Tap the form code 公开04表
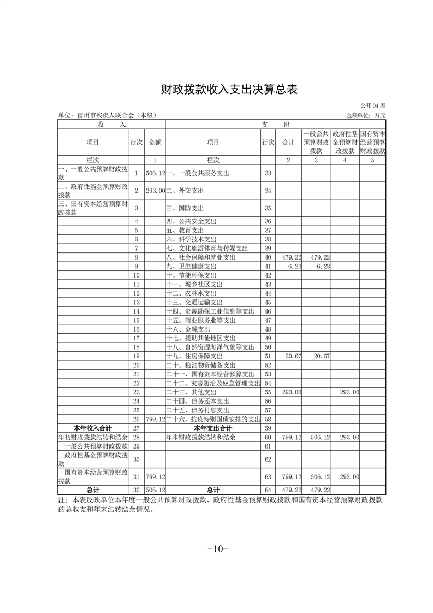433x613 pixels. coord(373,105)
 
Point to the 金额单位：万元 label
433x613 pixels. coord(365,115)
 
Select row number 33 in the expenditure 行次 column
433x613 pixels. coord(268,173)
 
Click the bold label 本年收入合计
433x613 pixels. coord(93,428)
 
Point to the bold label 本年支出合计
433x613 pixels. coord(213,428)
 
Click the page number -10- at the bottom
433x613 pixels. coord(217,549)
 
